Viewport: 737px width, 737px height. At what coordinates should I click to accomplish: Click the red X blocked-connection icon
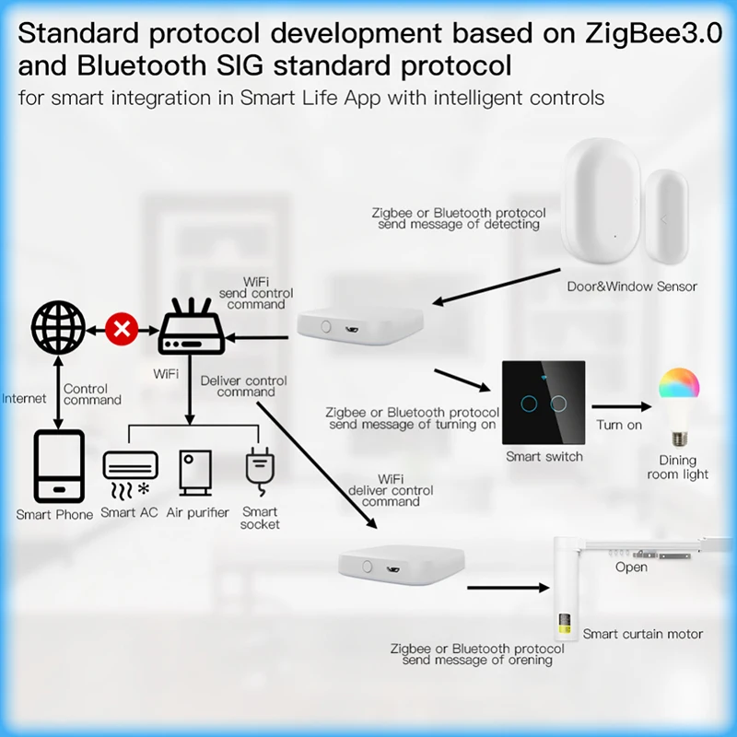[x=120, y=327]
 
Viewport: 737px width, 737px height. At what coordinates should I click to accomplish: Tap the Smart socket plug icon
[x=259, y=469]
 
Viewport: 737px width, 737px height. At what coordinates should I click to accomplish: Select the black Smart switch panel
[x=543, y=402]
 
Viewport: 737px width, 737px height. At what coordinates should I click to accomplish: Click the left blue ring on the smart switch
[x=528, y=403]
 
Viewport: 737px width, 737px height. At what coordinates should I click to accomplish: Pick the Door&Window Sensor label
[x=632, y=287]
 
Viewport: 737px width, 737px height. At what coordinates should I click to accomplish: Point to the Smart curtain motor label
[x=642, y=634]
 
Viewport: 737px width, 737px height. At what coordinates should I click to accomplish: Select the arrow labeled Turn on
[x=618, y=404]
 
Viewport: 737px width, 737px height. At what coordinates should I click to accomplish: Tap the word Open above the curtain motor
[x=631, y=567]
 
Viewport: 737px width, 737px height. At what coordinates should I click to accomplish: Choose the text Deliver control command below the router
[x=244, y=386]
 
